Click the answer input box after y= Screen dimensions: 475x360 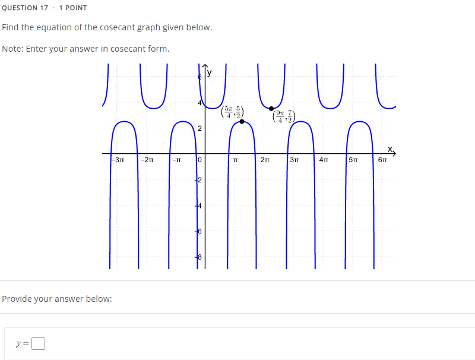tap(39, 344)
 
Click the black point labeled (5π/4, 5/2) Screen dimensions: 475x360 tap(242, 121)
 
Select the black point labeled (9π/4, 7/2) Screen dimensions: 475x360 tap(271, 108)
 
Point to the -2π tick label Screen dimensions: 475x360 tap(147, 160)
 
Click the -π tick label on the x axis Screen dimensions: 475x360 tap(176, 160)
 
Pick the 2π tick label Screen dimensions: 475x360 tap(265, 160)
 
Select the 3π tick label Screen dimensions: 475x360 tap(294, 160)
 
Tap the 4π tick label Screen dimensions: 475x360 tap(324, 160)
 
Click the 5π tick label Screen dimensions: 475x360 tap(353, 160)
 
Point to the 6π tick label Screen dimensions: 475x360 tap(383, 160)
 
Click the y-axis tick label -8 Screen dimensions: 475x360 tap(199, 258)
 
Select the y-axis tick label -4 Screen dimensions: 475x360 tap(199, 206)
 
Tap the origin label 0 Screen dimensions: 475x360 tap(200, 160)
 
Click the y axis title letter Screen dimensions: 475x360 tap(209, 73)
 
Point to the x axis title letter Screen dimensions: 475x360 tap(390, 148)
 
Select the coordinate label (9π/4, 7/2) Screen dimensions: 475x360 tap(283, 117)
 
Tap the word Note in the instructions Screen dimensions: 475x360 tap(11, 49)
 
